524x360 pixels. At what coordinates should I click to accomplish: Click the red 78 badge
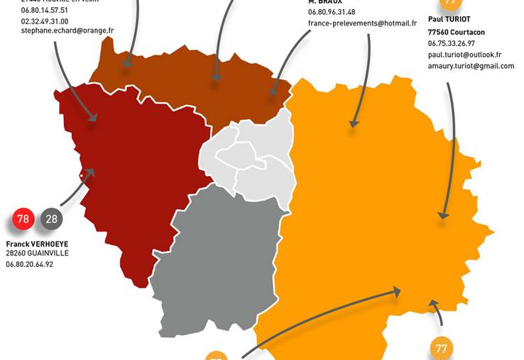point(23,219)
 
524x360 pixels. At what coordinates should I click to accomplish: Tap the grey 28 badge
point(51,219)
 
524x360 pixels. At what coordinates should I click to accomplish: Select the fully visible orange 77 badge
point(442,348)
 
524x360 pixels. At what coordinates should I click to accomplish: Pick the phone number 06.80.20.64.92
point(29,265)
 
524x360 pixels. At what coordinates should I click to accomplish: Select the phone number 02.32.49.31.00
point(45,21)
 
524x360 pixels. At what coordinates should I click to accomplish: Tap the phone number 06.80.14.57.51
point(45,11)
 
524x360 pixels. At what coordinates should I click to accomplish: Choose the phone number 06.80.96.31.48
point(332,12)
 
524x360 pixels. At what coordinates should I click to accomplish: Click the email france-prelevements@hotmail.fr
point(362,23)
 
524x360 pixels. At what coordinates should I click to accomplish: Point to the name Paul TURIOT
point(449,19)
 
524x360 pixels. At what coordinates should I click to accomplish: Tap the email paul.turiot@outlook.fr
point(464,55)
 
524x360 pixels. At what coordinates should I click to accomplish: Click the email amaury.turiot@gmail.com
point(471,66)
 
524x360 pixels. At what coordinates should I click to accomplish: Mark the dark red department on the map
point(135,170)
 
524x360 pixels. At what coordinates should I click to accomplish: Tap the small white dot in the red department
point(82,175)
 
